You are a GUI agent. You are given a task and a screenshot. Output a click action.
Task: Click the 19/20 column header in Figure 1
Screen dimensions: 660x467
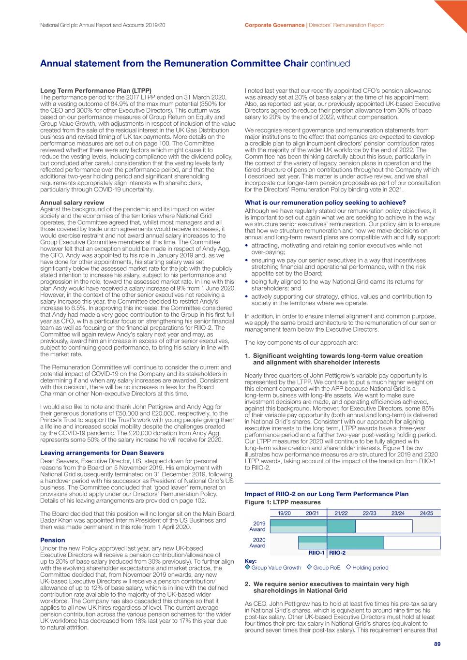click(284, 513)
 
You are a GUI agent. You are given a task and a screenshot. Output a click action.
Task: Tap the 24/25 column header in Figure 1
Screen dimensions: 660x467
click(426, 513)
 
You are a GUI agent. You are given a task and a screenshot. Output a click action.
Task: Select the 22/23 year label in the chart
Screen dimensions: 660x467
click(369, 513)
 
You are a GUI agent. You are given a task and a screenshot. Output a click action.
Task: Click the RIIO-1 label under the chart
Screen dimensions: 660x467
click(316, 553)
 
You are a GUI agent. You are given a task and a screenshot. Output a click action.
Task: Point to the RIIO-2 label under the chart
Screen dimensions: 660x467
click(337, 553)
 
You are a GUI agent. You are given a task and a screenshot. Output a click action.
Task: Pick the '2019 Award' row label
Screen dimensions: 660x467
click(258, 526)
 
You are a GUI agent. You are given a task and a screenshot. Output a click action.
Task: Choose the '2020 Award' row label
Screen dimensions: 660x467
click(258, 543)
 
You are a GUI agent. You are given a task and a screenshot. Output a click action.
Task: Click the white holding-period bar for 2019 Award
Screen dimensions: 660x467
click(384, 526)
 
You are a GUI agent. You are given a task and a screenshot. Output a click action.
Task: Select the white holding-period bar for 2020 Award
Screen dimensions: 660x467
click(412, 543)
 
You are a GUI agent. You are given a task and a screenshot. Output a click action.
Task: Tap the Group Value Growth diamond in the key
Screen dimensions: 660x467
click(248, 567)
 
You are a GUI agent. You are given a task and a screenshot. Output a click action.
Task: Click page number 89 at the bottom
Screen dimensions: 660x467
click(437, 644)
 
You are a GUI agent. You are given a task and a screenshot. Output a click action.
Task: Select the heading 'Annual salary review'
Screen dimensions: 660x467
click(72, 203)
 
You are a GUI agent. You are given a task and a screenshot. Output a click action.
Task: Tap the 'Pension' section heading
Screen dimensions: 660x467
click(53, 540)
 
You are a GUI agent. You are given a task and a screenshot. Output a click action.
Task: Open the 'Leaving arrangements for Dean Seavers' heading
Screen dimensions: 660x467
click(102, 453)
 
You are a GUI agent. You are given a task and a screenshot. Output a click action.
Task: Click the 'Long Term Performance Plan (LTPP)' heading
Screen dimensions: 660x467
click(96, 90)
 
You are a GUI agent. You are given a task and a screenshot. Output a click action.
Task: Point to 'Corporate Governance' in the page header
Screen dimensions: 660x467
click(274, 25)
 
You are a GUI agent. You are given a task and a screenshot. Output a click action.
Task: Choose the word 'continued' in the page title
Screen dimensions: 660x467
click(330, 63)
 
